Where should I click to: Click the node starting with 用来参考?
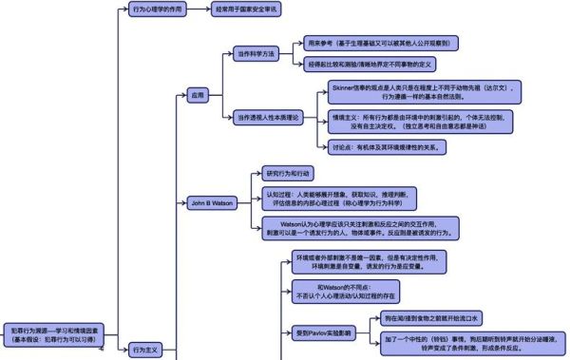coord(381,43)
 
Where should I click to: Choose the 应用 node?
coord(198,96)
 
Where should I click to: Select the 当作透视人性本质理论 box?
coord(267,118)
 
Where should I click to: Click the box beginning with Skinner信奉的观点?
coord(423,91)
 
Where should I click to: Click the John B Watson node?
coord(211,202)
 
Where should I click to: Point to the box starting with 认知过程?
coord(338,198)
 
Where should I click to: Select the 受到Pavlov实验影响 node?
coord(325,332)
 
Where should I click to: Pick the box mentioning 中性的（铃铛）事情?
coord(468,344)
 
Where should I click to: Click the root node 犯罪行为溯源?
coord(53,333)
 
